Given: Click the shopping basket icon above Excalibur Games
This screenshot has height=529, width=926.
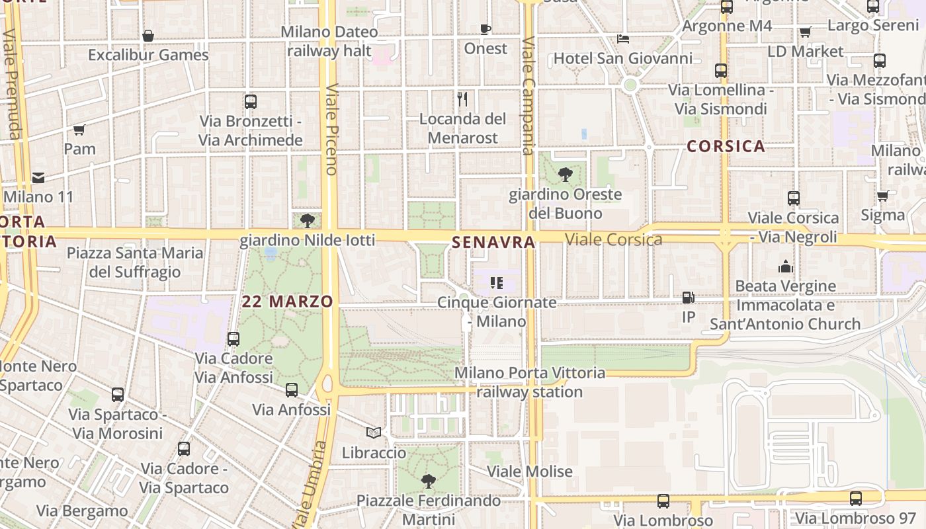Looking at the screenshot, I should coord(148,36).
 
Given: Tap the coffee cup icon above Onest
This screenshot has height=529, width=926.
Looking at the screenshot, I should coord(485,29).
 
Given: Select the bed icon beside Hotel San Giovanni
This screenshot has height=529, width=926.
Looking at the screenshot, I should coord(623,39).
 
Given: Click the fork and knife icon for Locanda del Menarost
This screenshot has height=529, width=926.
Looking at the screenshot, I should coord(462,99).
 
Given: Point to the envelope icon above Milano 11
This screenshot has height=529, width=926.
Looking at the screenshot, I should coord(38,177).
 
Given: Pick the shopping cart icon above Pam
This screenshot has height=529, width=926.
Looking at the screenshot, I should coord(79,130).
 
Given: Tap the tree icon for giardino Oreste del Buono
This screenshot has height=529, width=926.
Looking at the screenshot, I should coord(565,175).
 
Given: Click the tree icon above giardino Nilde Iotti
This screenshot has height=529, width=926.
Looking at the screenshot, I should coord(307,220).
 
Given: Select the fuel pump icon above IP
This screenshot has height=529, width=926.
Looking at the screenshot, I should coord(689,298).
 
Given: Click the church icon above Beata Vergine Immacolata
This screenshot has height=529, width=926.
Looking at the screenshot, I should coord(785,266).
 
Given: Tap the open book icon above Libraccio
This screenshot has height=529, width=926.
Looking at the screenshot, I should coord(374,432).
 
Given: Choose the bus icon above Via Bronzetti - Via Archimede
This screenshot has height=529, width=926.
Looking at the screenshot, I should coord(251,102).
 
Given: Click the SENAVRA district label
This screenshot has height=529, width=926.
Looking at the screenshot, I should coord(493,243).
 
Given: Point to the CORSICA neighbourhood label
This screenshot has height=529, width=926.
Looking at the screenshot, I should coord(726,146).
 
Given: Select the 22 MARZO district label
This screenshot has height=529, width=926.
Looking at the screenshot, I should coord(287,302).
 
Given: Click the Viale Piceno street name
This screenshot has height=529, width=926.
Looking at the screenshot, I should coord(331,129).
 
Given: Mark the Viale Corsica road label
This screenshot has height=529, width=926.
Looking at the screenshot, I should coord(614,239).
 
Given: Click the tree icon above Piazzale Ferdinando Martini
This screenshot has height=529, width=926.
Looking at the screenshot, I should coord(429,481).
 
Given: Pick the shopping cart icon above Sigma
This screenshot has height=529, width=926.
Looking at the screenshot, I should coord(882,196).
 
